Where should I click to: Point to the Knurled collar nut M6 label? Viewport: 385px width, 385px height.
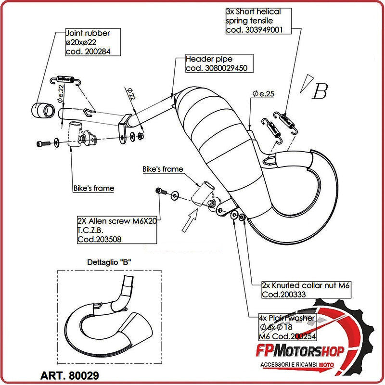[x=308, y=289]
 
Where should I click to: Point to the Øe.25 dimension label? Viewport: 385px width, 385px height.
[x=263, y=94]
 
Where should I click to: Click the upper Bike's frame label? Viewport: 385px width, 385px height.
[x=163, y=169]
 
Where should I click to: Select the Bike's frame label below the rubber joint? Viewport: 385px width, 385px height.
[x=94, y=188]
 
